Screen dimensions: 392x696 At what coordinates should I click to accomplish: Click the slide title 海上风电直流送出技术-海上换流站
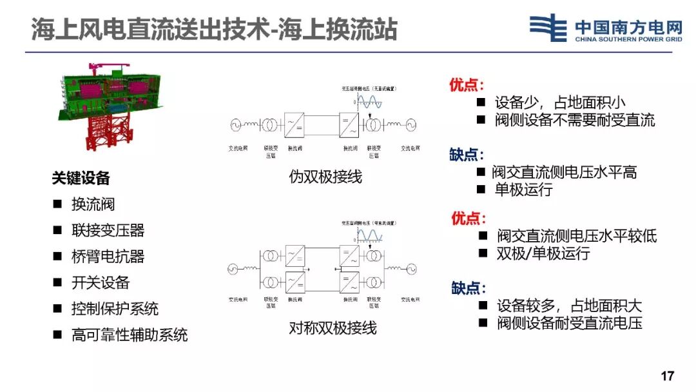[x=214, y=30]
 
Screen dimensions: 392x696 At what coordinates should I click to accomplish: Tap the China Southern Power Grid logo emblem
[x=548, y=28]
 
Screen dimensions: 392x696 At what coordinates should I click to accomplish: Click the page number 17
[x=667, y=376]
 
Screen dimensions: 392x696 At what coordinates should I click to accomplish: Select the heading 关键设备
[x=81, y=178]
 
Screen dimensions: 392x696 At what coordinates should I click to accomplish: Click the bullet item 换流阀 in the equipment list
[x=93, y=204]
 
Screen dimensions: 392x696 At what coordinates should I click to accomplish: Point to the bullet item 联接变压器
[x=108, y=230]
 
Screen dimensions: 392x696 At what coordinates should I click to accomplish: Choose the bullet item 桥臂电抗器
[x=108, y=256]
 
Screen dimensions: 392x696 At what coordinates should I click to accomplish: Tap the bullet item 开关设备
[x=101, y=282]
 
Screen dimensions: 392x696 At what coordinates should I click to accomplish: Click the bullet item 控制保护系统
[x=115, y=309]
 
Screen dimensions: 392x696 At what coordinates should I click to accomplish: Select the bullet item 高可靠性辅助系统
[x=129, y=335]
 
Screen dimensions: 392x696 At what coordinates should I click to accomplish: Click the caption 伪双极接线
[x=325, y=176]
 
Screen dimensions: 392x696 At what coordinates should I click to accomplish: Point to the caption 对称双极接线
[x=333, y=328]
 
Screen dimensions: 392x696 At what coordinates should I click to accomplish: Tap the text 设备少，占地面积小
[x=559, y=103]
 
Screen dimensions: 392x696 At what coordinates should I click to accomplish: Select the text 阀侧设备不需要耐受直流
[x=574, y=120]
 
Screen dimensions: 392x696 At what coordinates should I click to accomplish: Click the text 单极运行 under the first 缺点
[x=523, y=190]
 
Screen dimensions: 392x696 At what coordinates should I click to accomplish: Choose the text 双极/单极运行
[x=543, y=253]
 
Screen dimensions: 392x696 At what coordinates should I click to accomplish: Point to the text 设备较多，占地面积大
[x=569, y=306]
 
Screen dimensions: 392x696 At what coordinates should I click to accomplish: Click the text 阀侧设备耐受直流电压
[x=569, y=323]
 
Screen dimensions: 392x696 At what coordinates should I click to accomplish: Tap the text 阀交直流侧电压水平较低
[x=576, y=236]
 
